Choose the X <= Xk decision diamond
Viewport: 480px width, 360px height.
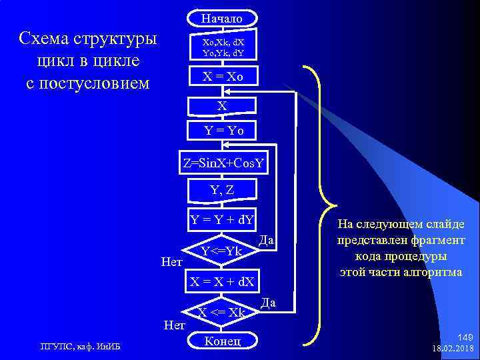point(222,312)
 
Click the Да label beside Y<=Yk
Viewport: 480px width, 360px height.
point(266,239)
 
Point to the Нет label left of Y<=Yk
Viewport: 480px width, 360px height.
point(172,263)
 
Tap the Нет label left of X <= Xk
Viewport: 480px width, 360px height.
point(175,325)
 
